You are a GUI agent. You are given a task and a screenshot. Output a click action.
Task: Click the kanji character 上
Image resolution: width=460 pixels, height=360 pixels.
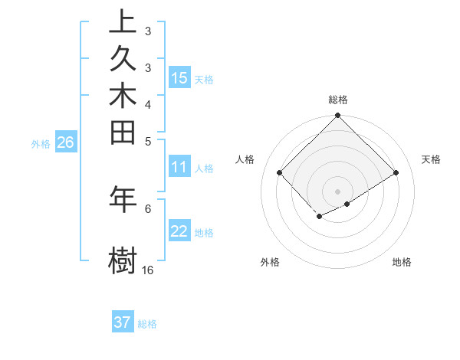(x=123, y=22)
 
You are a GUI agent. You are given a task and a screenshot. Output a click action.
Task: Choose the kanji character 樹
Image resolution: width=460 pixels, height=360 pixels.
(x=123, y=259)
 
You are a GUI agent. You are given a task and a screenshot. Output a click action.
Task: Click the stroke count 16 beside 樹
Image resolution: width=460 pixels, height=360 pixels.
(x=147, y=270)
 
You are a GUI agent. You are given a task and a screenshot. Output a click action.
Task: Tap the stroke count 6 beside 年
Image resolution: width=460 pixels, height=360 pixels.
(x=147, y=208)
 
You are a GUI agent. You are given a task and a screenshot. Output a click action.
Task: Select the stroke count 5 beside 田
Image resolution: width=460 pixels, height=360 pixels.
(x=147, y=141)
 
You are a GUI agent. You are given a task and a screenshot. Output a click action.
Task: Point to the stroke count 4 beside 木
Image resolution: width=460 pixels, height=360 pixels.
(x=147, y=103)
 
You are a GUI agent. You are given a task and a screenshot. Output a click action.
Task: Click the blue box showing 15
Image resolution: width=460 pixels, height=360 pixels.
(x=179, y=78)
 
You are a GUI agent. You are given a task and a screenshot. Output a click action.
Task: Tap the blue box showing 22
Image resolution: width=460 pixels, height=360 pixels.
(x=179, y=232)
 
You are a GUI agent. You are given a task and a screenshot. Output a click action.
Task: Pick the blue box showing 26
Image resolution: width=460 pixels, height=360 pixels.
(x=65, y=142)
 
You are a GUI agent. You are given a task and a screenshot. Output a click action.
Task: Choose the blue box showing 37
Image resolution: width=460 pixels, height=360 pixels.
(x=123, y=322)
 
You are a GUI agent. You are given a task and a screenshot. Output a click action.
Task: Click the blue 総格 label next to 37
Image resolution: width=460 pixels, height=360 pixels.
(x=147, y=324)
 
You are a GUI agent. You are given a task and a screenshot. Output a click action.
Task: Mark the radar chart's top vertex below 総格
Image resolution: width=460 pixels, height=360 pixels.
(x=337, y=116)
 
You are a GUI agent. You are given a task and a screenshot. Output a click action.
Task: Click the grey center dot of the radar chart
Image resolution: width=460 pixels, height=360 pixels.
(x=337, y=191)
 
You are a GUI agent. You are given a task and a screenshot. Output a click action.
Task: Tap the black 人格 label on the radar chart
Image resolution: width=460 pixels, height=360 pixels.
(x=245, y=159)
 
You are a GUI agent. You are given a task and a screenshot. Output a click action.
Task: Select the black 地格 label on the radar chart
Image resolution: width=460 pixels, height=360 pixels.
(x=402, y=262)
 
